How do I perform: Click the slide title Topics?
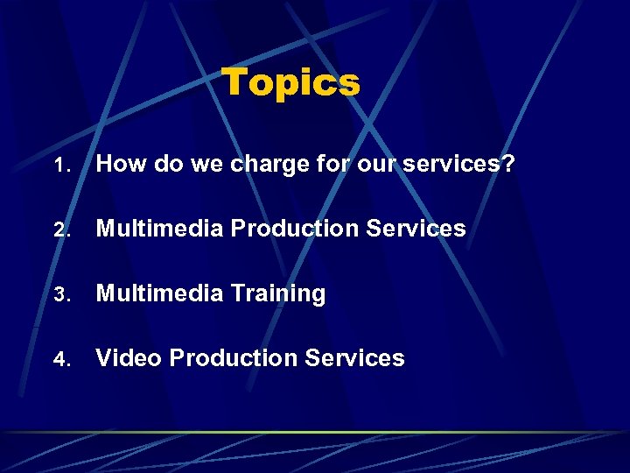290,82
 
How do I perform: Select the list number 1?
59,166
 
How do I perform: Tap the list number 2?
59,230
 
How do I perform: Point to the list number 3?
59,294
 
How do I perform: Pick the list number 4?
59,359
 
